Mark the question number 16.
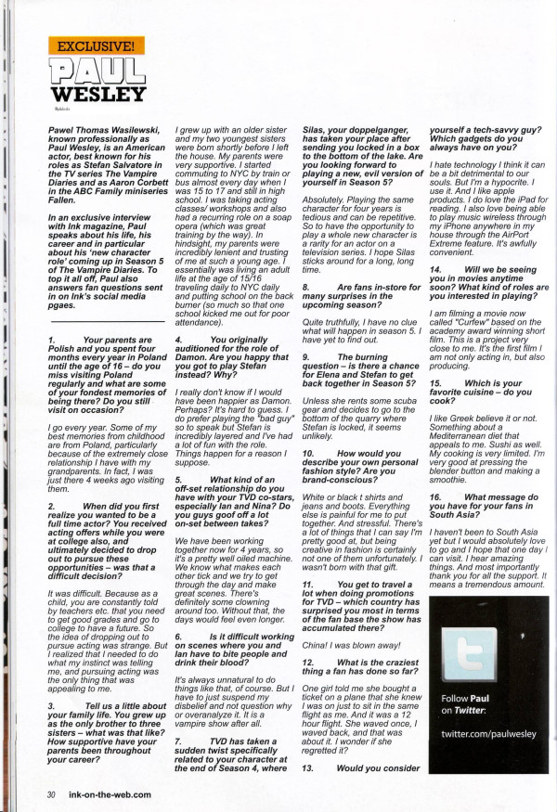tap(434, 497)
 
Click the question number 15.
tap(434, 383)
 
